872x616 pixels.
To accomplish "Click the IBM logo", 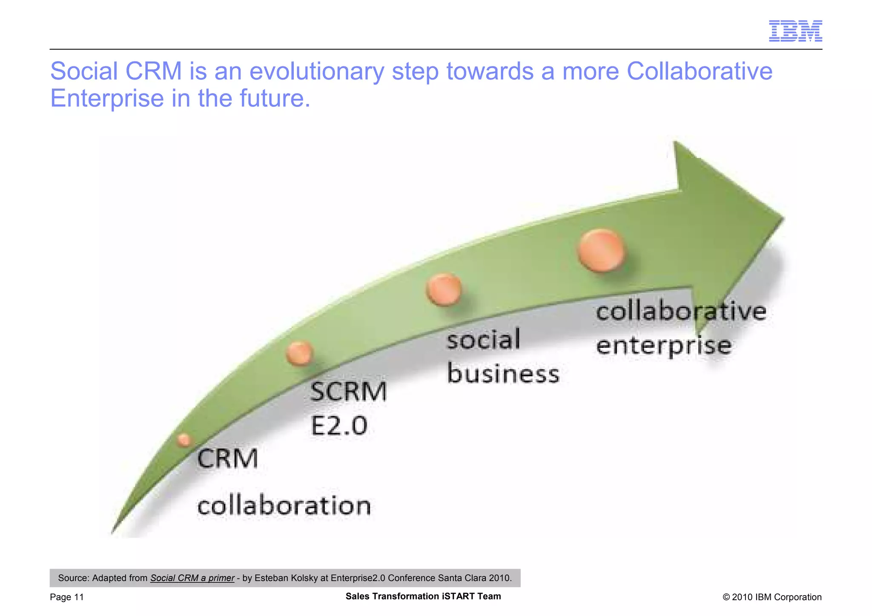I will click(795, 31).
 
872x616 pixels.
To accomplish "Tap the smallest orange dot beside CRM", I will click(184, 440).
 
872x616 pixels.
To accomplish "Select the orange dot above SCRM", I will click(300, 353).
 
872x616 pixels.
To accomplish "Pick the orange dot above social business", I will click(444, 289).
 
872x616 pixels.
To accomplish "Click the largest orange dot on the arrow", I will click(601, 250).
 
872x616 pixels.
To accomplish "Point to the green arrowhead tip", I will click(783, 218).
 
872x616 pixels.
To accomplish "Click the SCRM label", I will click(348, 392).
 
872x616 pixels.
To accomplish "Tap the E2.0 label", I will click(339, 425).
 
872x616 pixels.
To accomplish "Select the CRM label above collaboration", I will click(228, 459).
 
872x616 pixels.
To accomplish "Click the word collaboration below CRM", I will click(284, 506).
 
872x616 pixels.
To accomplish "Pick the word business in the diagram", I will click(503, 374).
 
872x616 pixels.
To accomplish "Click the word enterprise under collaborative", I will click(663, 346).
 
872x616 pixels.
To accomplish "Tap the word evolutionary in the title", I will click(317, 71).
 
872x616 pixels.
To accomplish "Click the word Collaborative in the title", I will click(699, 71).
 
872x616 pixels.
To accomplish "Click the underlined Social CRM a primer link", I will click(192, 578).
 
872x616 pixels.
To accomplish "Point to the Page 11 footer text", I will click(67, 597).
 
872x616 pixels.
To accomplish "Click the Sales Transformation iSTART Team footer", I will click(423, 596).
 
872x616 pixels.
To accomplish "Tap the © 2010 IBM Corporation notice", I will click(772, 597).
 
